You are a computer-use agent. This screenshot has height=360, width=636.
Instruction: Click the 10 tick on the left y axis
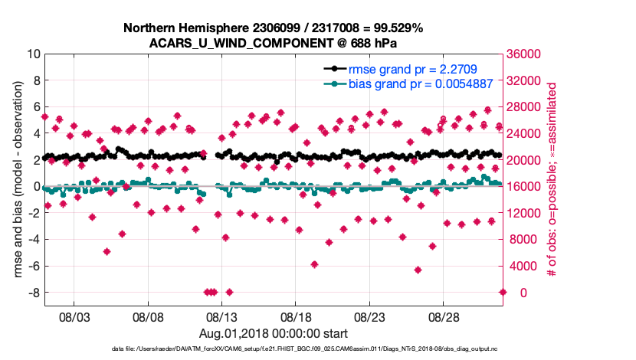click(33, 54)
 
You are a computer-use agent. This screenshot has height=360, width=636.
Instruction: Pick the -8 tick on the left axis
click(34, 293)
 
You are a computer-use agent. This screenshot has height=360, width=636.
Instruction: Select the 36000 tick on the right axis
click(528, 54)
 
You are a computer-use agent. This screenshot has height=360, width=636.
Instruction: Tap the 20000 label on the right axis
click(528, 160)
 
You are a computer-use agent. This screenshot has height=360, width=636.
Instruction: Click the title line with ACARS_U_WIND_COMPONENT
click(274, 43)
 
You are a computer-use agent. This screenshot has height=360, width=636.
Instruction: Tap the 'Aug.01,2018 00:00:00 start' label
click(274, 333)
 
